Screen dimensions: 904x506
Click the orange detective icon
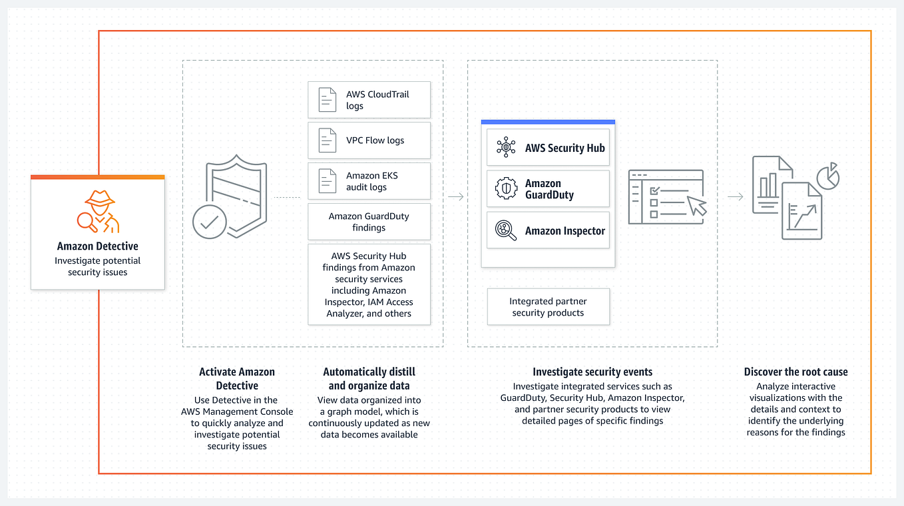pos(98,211)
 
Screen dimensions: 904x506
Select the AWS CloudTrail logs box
pos(369,100)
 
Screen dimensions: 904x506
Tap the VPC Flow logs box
pos(369,140)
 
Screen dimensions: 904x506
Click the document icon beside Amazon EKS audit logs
pos(328,181)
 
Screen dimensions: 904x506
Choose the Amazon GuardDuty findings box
pos(369,222)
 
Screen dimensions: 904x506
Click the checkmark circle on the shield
pos(210,222)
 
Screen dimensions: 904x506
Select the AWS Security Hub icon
pos(506,147)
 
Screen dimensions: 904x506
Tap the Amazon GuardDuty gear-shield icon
pos(506,188)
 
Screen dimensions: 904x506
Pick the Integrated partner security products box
pos(548,307)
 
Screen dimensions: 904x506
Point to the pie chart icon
pos(828,176)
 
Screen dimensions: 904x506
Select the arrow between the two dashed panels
pos(456,196)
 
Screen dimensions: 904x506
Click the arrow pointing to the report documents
pos(736,196)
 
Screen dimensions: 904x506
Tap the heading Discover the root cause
pos(796,372)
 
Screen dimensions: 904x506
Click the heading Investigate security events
pos(592,372)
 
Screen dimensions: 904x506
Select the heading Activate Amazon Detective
pos(237,378)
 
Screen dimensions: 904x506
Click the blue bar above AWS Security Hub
pos(548,122)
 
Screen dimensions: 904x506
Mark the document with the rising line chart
pos(801,211)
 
